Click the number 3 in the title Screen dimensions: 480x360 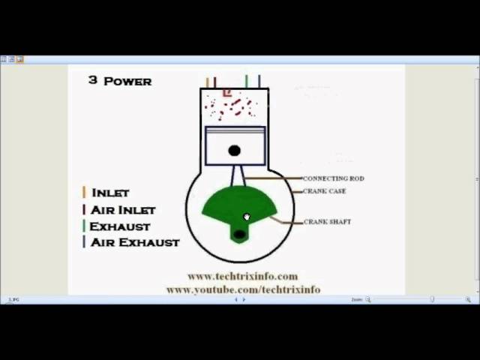(92, 79)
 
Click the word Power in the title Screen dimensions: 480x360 (127, 81)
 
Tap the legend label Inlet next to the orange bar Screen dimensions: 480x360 (110, 193)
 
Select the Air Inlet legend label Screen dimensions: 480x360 (123, 210)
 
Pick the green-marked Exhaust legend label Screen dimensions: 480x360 (120, 226)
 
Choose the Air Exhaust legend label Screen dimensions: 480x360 (135, 242)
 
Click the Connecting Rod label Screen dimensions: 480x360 (333, 178)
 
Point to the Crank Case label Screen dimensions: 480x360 (324, 191)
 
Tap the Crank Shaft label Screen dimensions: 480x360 (327, 222)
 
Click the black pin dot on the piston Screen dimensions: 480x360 (234, 151)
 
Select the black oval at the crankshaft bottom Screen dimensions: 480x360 (239, 235)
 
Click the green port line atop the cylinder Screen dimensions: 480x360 (246, 82)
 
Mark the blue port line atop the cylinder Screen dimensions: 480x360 (259, 82)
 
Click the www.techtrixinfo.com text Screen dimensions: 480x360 (242, 276)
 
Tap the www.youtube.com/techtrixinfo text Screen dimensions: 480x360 (243, 289)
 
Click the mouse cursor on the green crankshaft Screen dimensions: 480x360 (247, 217)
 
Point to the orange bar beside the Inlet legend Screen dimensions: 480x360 (84, 193)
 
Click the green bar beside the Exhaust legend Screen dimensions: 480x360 (84, 226)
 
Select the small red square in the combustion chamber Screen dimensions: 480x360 (227, 93)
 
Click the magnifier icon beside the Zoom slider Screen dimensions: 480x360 (367, 300)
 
